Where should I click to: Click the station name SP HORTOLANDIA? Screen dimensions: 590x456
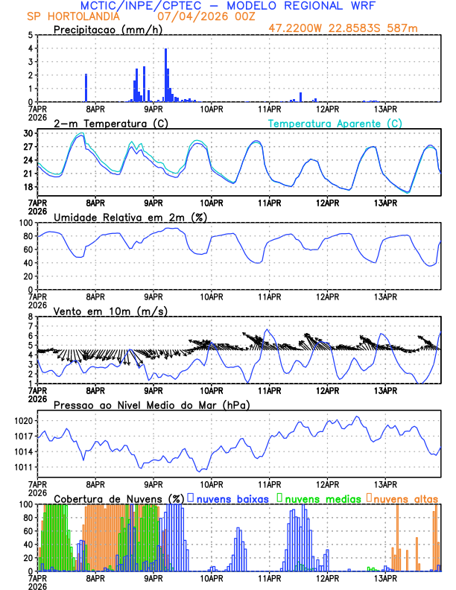[66, 16]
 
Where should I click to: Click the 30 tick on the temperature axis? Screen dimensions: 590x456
[28, 133]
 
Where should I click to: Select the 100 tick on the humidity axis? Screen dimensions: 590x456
[26, 223]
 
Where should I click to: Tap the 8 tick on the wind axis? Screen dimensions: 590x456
[31, 317]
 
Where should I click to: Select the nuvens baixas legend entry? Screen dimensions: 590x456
[232, 498]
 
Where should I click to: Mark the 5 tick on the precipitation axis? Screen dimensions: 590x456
[31, 35]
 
